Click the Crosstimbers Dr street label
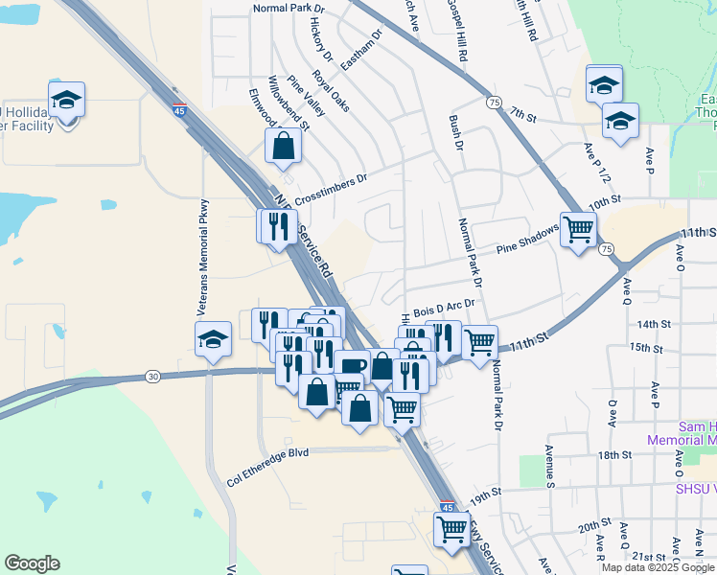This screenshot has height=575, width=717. coord(331,188)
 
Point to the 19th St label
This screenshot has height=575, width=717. coord(486,494)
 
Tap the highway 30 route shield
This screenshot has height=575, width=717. coord(153,377)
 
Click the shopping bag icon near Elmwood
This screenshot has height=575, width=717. coord(284,147)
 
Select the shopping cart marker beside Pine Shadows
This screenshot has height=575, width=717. coord(579,230)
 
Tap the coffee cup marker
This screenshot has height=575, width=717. coord(352,367)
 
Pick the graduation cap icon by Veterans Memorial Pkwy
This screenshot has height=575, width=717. coord(213,338)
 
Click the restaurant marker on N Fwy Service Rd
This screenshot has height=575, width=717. coord(275,226)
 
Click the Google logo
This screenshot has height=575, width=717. coord(33,563)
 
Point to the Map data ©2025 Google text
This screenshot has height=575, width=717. coord(658,567)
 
